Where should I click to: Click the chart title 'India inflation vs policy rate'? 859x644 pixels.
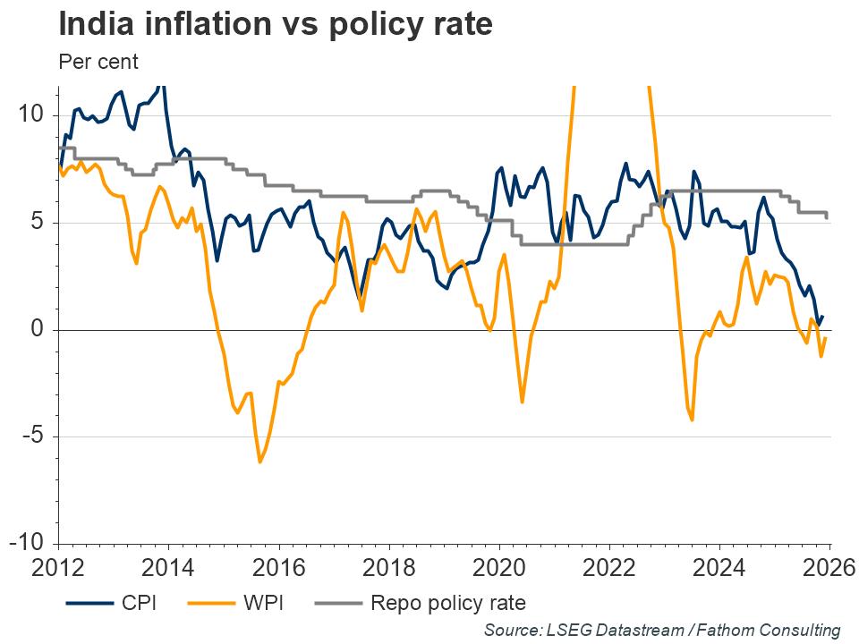click(x=276, y=24)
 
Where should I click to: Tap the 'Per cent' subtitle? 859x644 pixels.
click(x=98, y=63)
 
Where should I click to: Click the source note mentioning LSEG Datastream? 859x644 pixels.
click(x=662, y=630)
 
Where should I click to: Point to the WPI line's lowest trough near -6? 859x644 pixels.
click(x=259, y=462)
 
